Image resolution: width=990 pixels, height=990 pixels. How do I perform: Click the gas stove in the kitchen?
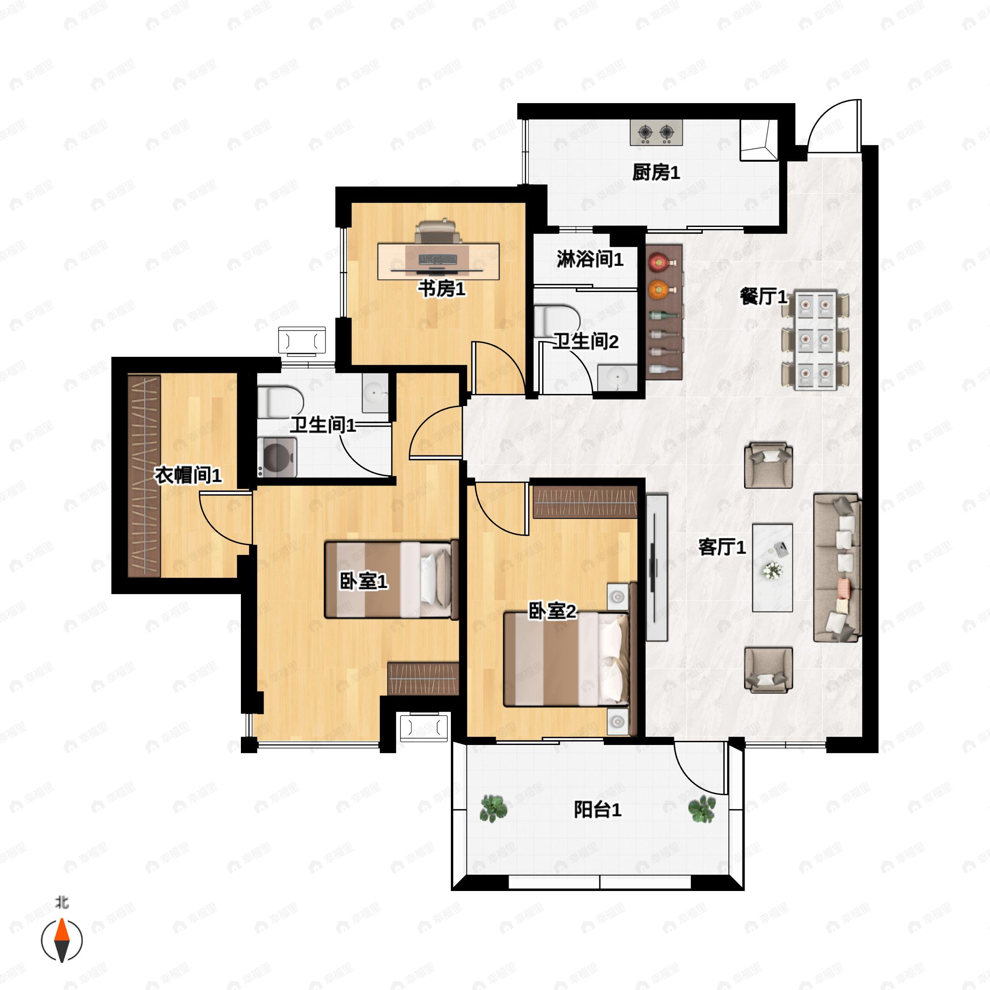656,133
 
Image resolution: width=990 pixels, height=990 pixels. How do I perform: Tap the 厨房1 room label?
656,173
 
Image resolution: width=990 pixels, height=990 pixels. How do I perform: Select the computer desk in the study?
438,262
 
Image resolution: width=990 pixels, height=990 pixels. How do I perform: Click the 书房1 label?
442,289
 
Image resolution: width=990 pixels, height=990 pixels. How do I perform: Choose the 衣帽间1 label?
188,476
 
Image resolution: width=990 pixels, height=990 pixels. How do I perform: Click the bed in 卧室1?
391,579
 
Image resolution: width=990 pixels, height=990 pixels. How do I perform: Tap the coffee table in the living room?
772,568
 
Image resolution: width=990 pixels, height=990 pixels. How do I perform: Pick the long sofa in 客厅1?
837,568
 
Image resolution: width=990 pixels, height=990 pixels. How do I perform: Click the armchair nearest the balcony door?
768,670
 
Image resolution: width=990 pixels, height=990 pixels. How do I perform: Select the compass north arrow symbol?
61,940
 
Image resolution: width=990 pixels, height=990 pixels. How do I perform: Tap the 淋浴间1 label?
590,259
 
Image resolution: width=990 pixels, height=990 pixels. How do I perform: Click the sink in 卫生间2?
618,378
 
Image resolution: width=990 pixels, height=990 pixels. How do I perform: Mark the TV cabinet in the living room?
656,567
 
